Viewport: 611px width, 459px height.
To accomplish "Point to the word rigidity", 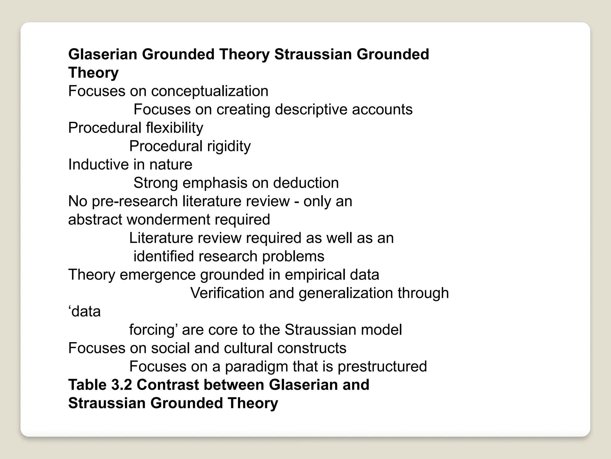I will pyautogui.click(x=229, y=146).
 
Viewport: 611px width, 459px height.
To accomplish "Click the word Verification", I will pyautogui.click(x=227, y=293).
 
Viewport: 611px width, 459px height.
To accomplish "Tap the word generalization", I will pyautogui.click(x=345, y=293).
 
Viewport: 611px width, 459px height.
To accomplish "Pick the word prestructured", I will pyautogui.click(x=382, y=367).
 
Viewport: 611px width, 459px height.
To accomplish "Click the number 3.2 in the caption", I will pyautogui.click(x=121, y=385).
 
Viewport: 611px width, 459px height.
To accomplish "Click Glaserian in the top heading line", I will pyautogui.click(x=103, y=54).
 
